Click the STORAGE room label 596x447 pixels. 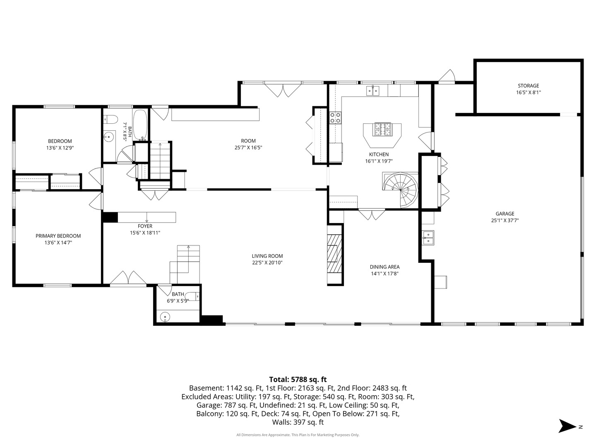pyautogui.click(x=528, y=86)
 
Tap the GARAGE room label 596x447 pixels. pyautogui.click(x=505, y=214)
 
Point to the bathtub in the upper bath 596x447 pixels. pyautogui.click(x=140, y=125)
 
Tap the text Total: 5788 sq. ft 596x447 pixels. pyautogui.click(x=298, y=380)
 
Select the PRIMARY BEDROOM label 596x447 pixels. pyautogui.click(x=58, y=236)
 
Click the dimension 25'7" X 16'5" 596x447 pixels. pyautogui.click(x=248, y=148)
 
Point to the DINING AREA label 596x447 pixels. pyautogui.click(x=385, y=267)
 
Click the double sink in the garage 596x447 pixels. pyautogui.click(x=428, y=238)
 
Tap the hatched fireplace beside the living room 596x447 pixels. pyautogui.click(x=334, y=253)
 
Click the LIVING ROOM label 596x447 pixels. pyautogui.click(x=267, y=256)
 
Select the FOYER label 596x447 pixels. pyautogui.click(x=145, y=226)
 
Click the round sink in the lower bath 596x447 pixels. pyautogui.click(x=165, y=317)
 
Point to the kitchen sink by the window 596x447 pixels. pyautogui.click(x=373, y=91)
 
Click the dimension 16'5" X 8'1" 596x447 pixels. pyautogui.click(x=529, y=93)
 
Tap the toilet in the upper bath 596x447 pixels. pyautogui.click(x=111, y=119)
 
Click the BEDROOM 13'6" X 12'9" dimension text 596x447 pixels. pyautogui.click(x=60, y=148)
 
